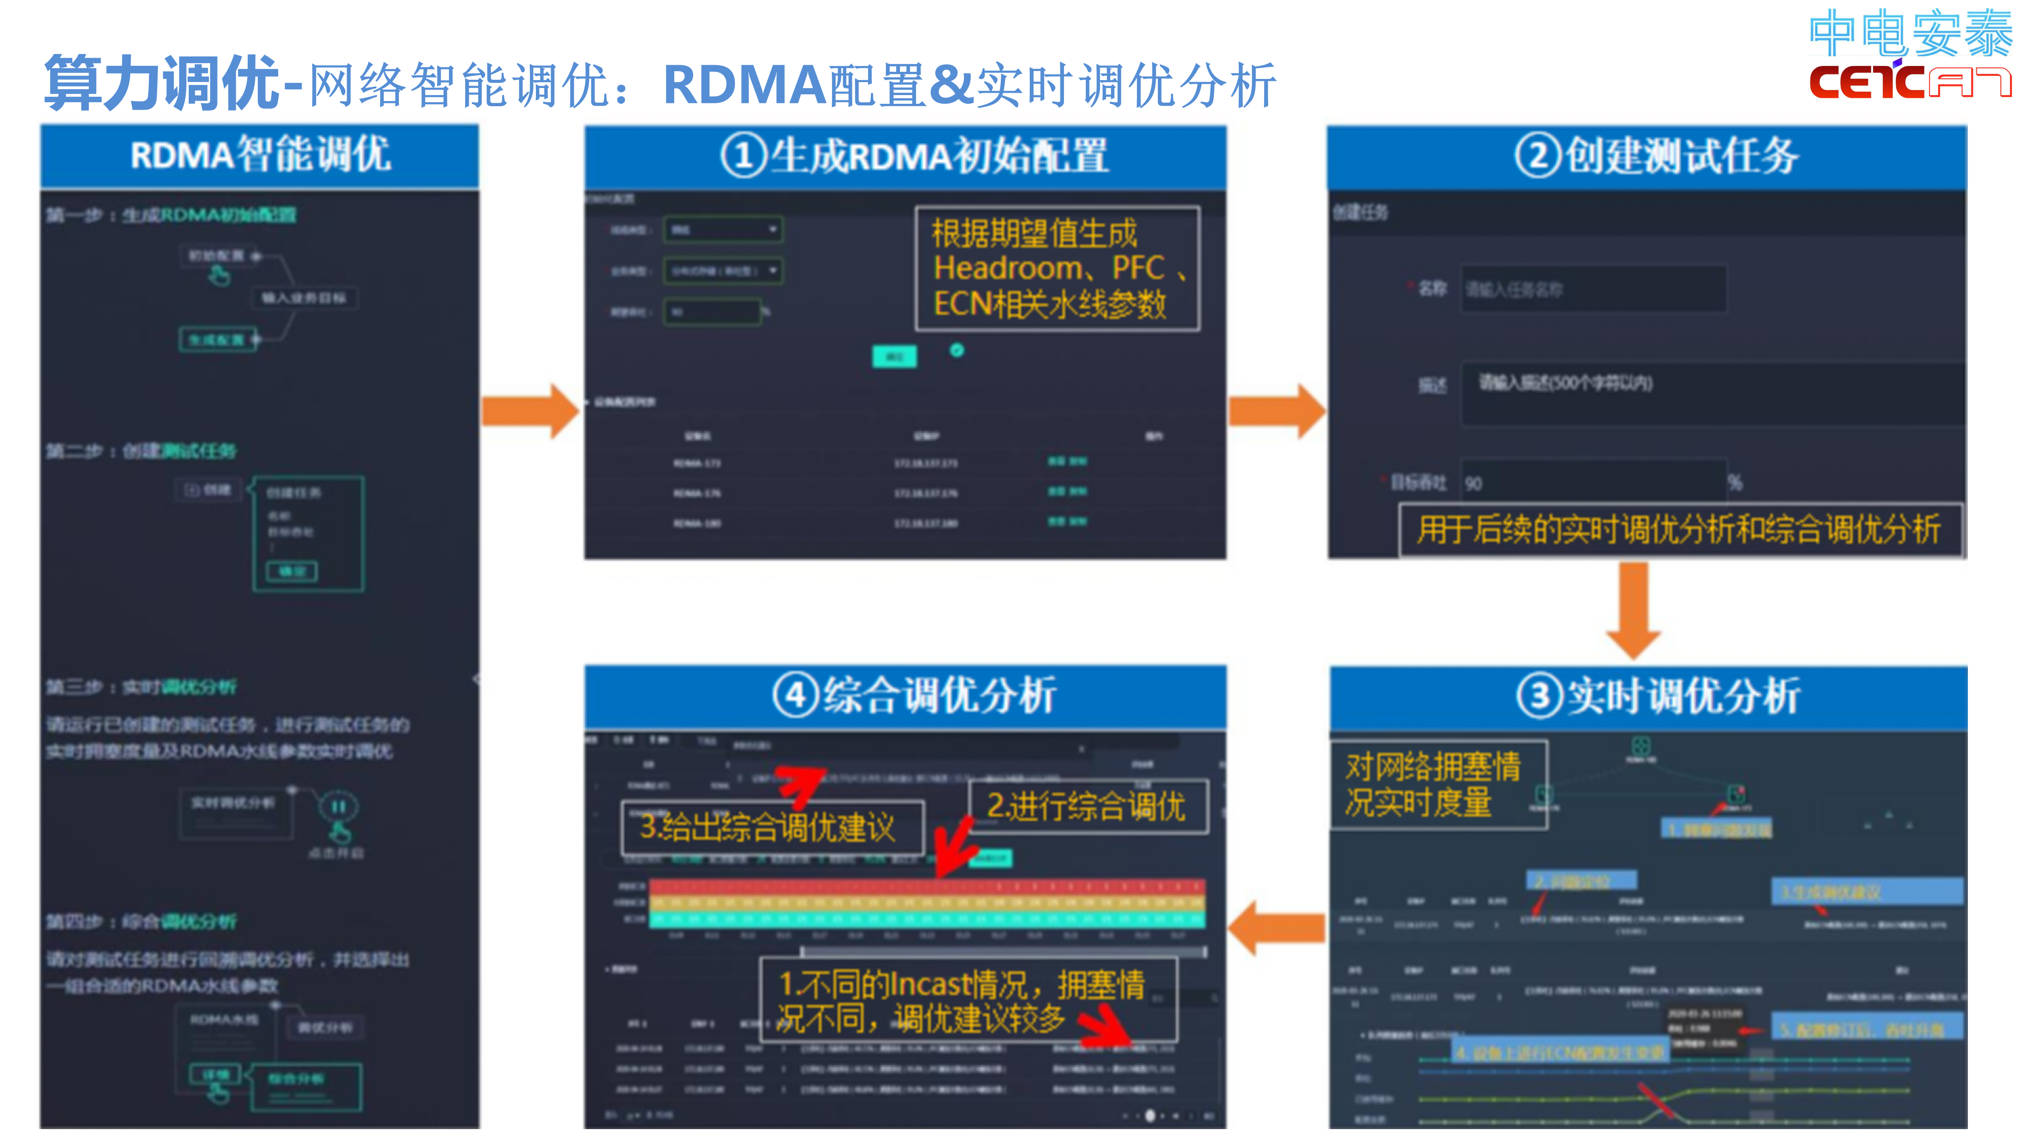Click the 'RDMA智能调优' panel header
[x=260, y=155]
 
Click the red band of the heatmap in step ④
[x=926, y=886]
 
